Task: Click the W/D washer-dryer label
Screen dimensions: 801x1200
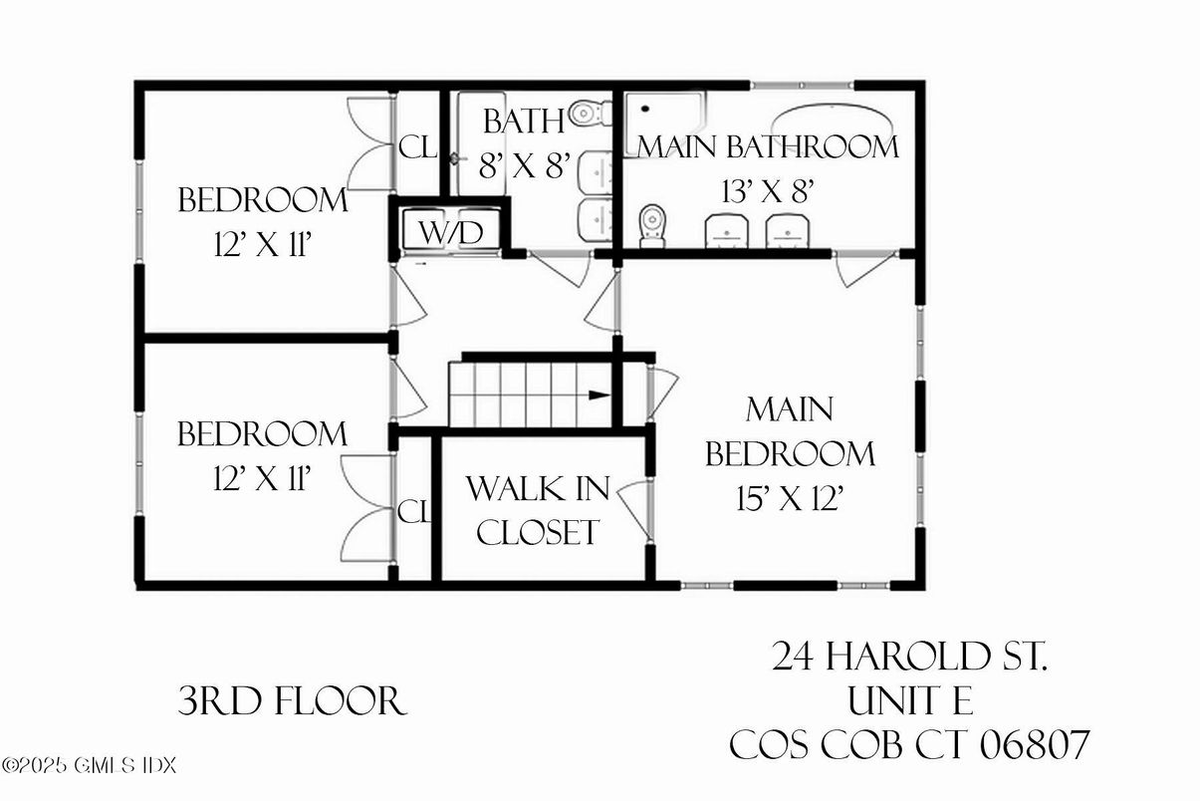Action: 450,233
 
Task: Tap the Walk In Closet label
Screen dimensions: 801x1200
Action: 538,510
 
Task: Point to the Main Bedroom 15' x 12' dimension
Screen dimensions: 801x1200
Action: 790,498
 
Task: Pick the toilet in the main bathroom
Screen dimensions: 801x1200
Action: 652,225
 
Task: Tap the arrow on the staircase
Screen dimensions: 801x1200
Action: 599,395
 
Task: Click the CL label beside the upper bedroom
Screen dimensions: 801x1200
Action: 417,147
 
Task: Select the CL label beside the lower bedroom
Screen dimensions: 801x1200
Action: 413,512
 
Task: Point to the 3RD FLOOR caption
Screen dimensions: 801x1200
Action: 292,702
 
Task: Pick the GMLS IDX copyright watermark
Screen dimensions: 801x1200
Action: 89,766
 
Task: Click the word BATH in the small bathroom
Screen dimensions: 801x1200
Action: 524,122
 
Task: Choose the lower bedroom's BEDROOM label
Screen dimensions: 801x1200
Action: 263,434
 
